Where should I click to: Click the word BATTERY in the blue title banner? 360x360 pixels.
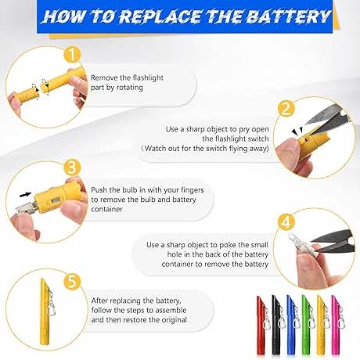tap(288, 16)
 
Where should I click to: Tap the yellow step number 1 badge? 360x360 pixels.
tap(72, 54)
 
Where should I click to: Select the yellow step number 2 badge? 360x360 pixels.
tap(286, 108)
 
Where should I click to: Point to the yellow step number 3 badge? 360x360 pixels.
tap(72, 167)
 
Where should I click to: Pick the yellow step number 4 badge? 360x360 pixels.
tap(286, 223)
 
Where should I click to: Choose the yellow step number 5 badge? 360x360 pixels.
tap(72, 282)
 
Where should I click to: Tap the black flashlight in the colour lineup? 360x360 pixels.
tap(277, 326)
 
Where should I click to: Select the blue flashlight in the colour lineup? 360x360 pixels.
tap(292, 326)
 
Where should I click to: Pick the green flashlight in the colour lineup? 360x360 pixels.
tap(307, 326)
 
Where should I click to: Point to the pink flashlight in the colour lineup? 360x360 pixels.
tap(337, 326)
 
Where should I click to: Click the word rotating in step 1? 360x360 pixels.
tap(129, 88)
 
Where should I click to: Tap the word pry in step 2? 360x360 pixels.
tap(244, 130)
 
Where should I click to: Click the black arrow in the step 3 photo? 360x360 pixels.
tap(26, 194)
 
